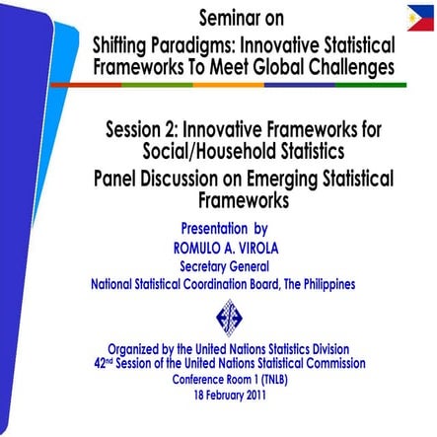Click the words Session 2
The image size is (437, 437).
(146, 130)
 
